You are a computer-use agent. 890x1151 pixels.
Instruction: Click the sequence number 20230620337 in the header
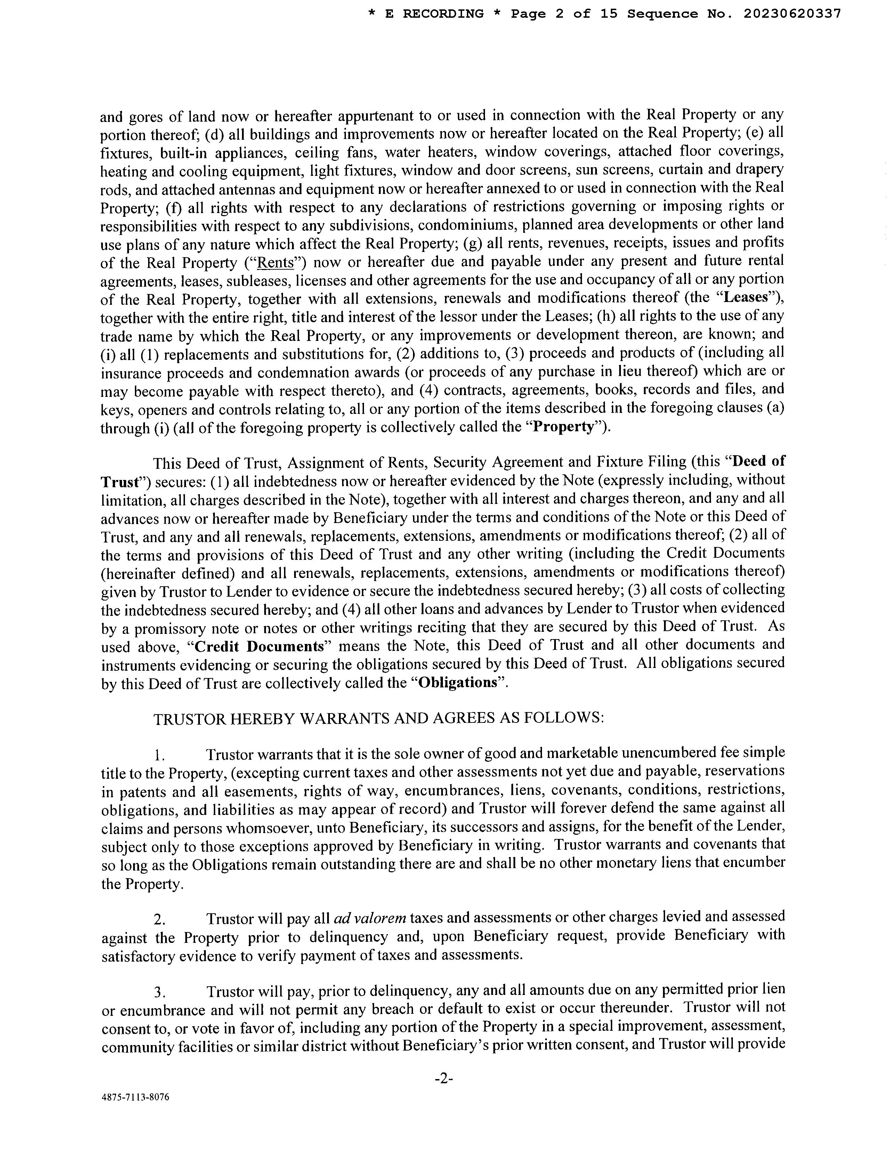tap(792, 14)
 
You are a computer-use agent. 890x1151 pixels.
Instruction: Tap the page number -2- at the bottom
tap(444, 1079)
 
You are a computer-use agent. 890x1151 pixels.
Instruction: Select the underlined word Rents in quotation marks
tap(279, 262)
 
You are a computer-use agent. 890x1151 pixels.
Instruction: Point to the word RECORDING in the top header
tap(443, 14)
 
